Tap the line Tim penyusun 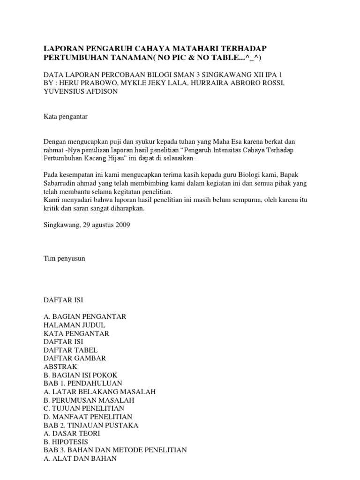[x=64, y=258]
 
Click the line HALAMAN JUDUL [x=74, y=325]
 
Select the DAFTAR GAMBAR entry [x=75, y=358]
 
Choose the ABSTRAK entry [x=60, y=367]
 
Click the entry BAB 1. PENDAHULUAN [x=79, y=383]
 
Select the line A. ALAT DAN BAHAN [x=80, y=458]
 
